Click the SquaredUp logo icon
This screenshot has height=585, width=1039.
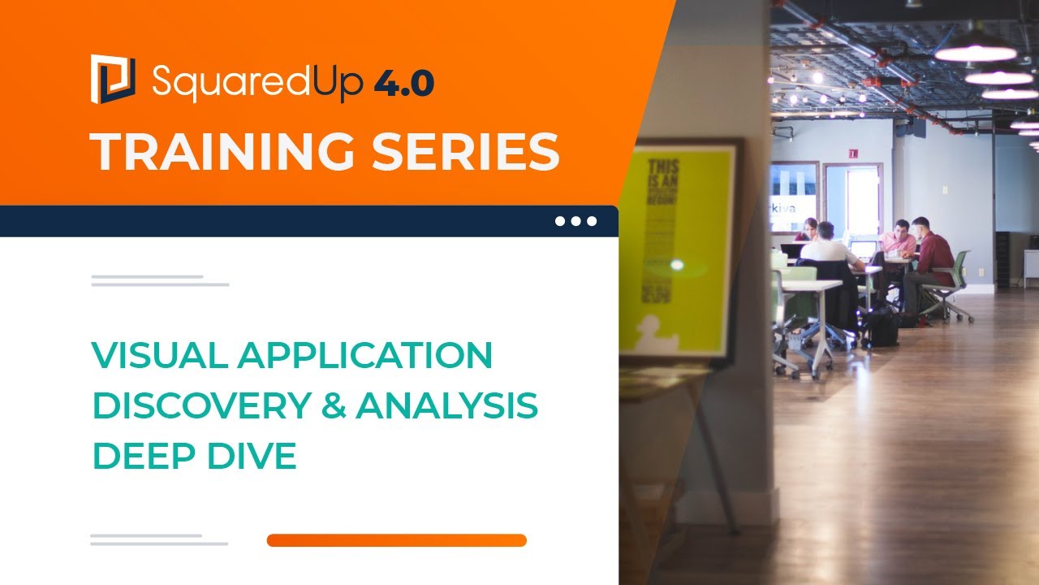[112, 78]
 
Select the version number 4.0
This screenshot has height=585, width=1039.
[404, 82]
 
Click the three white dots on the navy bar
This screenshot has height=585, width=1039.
[576, 221]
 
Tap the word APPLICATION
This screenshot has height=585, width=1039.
[364, 356]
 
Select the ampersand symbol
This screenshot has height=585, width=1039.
[333, 406]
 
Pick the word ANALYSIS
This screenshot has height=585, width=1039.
[446, 406]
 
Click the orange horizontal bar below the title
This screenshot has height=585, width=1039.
[396, 540]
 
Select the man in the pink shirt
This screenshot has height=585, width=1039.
[898, 240]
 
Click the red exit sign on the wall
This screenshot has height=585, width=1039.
[853, 153]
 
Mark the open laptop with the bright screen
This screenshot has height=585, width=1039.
[863, 249]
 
